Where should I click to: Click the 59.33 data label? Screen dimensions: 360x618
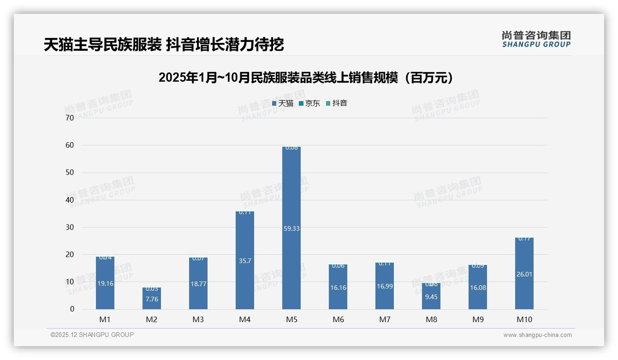291,228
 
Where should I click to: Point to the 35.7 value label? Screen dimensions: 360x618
245,261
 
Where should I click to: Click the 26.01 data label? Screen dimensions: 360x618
524,274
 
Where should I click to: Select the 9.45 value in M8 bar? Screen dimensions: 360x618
431,297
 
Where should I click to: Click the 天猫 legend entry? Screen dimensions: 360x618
283,103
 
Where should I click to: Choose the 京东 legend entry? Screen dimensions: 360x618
309,103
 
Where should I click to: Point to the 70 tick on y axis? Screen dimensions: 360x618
70,118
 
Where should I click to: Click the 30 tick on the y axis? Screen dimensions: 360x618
70,227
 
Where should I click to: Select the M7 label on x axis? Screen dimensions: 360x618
385,319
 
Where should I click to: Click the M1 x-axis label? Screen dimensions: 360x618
105,319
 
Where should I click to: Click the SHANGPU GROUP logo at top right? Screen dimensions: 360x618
536,39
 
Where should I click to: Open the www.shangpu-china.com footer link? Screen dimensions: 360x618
537,335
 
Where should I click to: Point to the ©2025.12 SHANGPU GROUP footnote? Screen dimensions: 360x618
92,335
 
